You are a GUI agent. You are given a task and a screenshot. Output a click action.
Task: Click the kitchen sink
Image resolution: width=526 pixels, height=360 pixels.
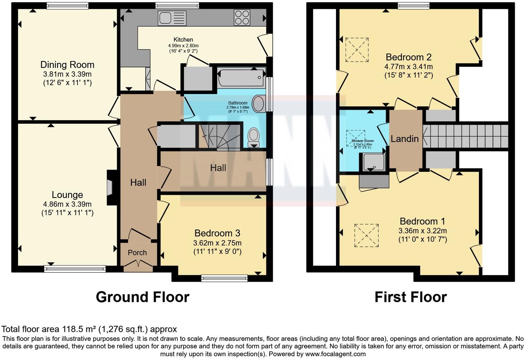click(172, 18)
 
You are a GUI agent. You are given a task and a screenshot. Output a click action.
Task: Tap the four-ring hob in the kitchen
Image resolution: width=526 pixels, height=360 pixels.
click(242, 17)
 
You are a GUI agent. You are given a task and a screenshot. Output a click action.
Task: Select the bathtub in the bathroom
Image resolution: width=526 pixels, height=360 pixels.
click(241, 77)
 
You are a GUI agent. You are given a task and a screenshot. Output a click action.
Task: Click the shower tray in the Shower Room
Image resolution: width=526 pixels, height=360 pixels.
click(373, 162)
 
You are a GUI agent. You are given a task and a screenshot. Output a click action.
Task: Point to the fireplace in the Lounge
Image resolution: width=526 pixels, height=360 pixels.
click(110, 188)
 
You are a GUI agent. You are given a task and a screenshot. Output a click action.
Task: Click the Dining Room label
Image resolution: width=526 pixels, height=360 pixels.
click(67, 65)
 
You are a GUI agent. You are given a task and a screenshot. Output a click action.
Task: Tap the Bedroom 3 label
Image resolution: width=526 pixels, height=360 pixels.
click(217, 233)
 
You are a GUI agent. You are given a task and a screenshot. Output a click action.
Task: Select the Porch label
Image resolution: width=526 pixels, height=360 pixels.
click(137, 253)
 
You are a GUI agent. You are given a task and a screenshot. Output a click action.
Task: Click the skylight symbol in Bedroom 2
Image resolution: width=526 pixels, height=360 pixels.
click(357, 50)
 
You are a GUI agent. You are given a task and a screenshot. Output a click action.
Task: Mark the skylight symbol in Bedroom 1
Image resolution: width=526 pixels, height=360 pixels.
click(366, 235)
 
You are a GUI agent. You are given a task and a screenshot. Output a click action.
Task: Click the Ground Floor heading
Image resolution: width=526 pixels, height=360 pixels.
click(142, 297)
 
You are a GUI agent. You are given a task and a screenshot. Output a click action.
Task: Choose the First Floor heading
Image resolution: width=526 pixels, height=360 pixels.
click(410, 297)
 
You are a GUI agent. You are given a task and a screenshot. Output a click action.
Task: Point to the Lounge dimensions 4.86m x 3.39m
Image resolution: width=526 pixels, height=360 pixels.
click(67, 204)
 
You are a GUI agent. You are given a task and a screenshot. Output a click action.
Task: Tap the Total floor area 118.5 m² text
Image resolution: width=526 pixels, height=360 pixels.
click(89, 329)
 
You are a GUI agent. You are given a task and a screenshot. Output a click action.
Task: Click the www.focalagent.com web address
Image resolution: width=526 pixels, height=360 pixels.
click(335, 354)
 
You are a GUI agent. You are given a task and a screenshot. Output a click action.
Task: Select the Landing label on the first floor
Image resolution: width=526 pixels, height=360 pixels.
click(405, 139)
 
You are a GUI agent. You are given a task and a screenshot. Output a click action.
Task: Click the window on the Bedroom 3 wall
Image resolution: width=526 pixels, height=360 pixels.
click(224, 278)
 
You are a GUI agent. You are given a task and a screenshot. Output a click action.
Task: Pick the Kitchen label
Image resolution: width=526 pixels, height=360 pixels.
click(183, 39)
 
